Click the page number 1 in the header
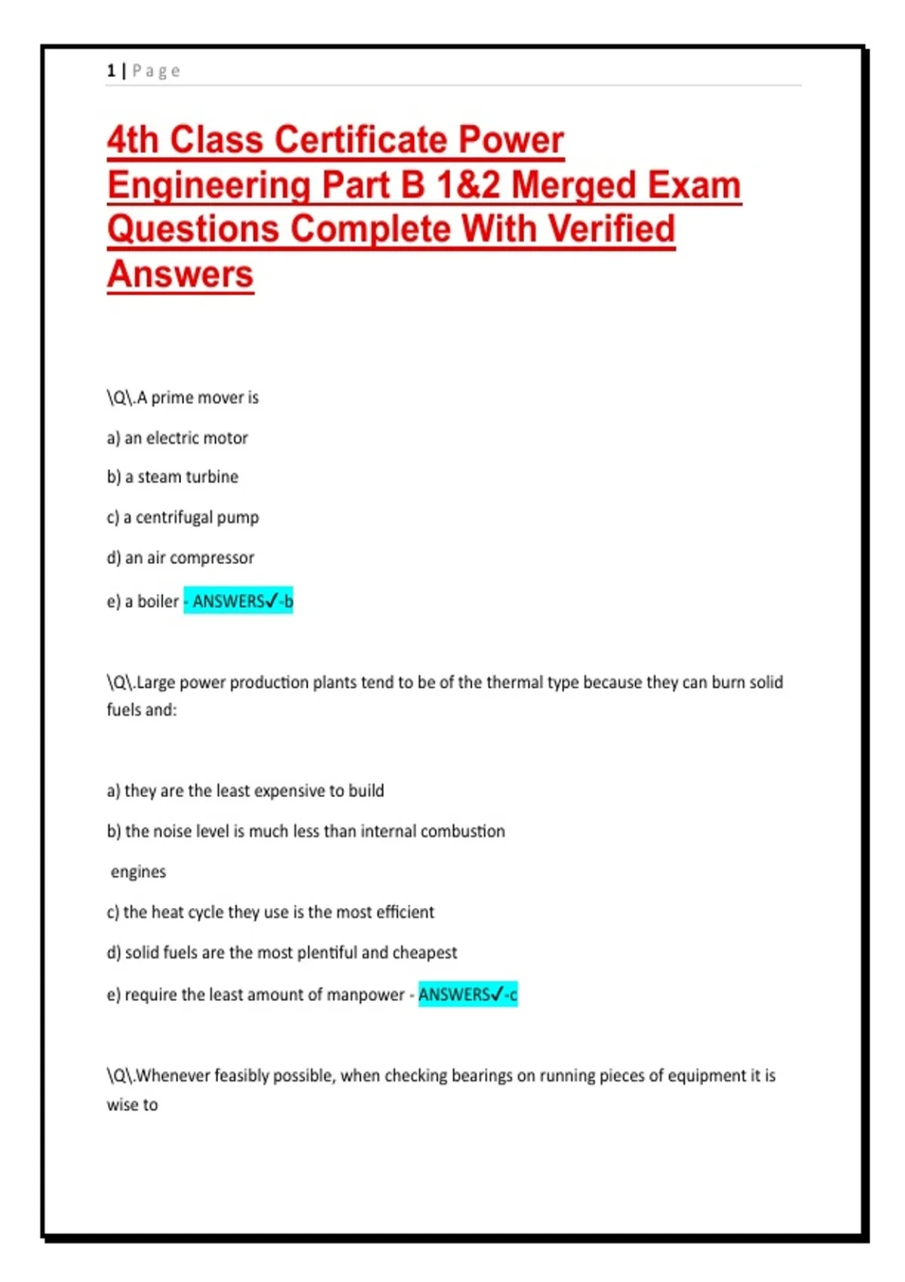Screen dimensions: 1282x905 coord(111,71)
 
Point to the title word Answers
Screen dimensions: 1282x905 coord(180,274)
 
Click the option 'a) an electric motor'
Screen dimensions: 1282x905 coord(177,438)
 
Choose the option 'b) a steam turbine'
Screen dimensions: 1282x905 coord(173,477)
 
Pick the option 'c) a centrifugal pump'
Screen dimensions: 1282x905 coord(183,518)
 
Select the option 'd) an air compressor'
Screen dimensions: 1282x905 coord(181,558)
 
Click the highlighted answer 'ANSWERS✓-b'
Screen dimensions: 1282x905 coord(239,601)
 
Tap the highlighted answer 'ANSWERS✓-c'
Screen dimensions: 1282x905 coord(468,995)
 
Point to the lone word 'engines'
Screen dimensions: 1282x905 coord(138,872)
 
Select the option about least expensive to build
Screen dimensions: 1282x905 coord(246,791)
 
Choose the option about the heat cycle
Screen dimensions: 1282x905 coord(271,912)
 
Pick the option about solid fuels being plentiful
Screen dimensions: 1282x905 coord(282,953)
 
